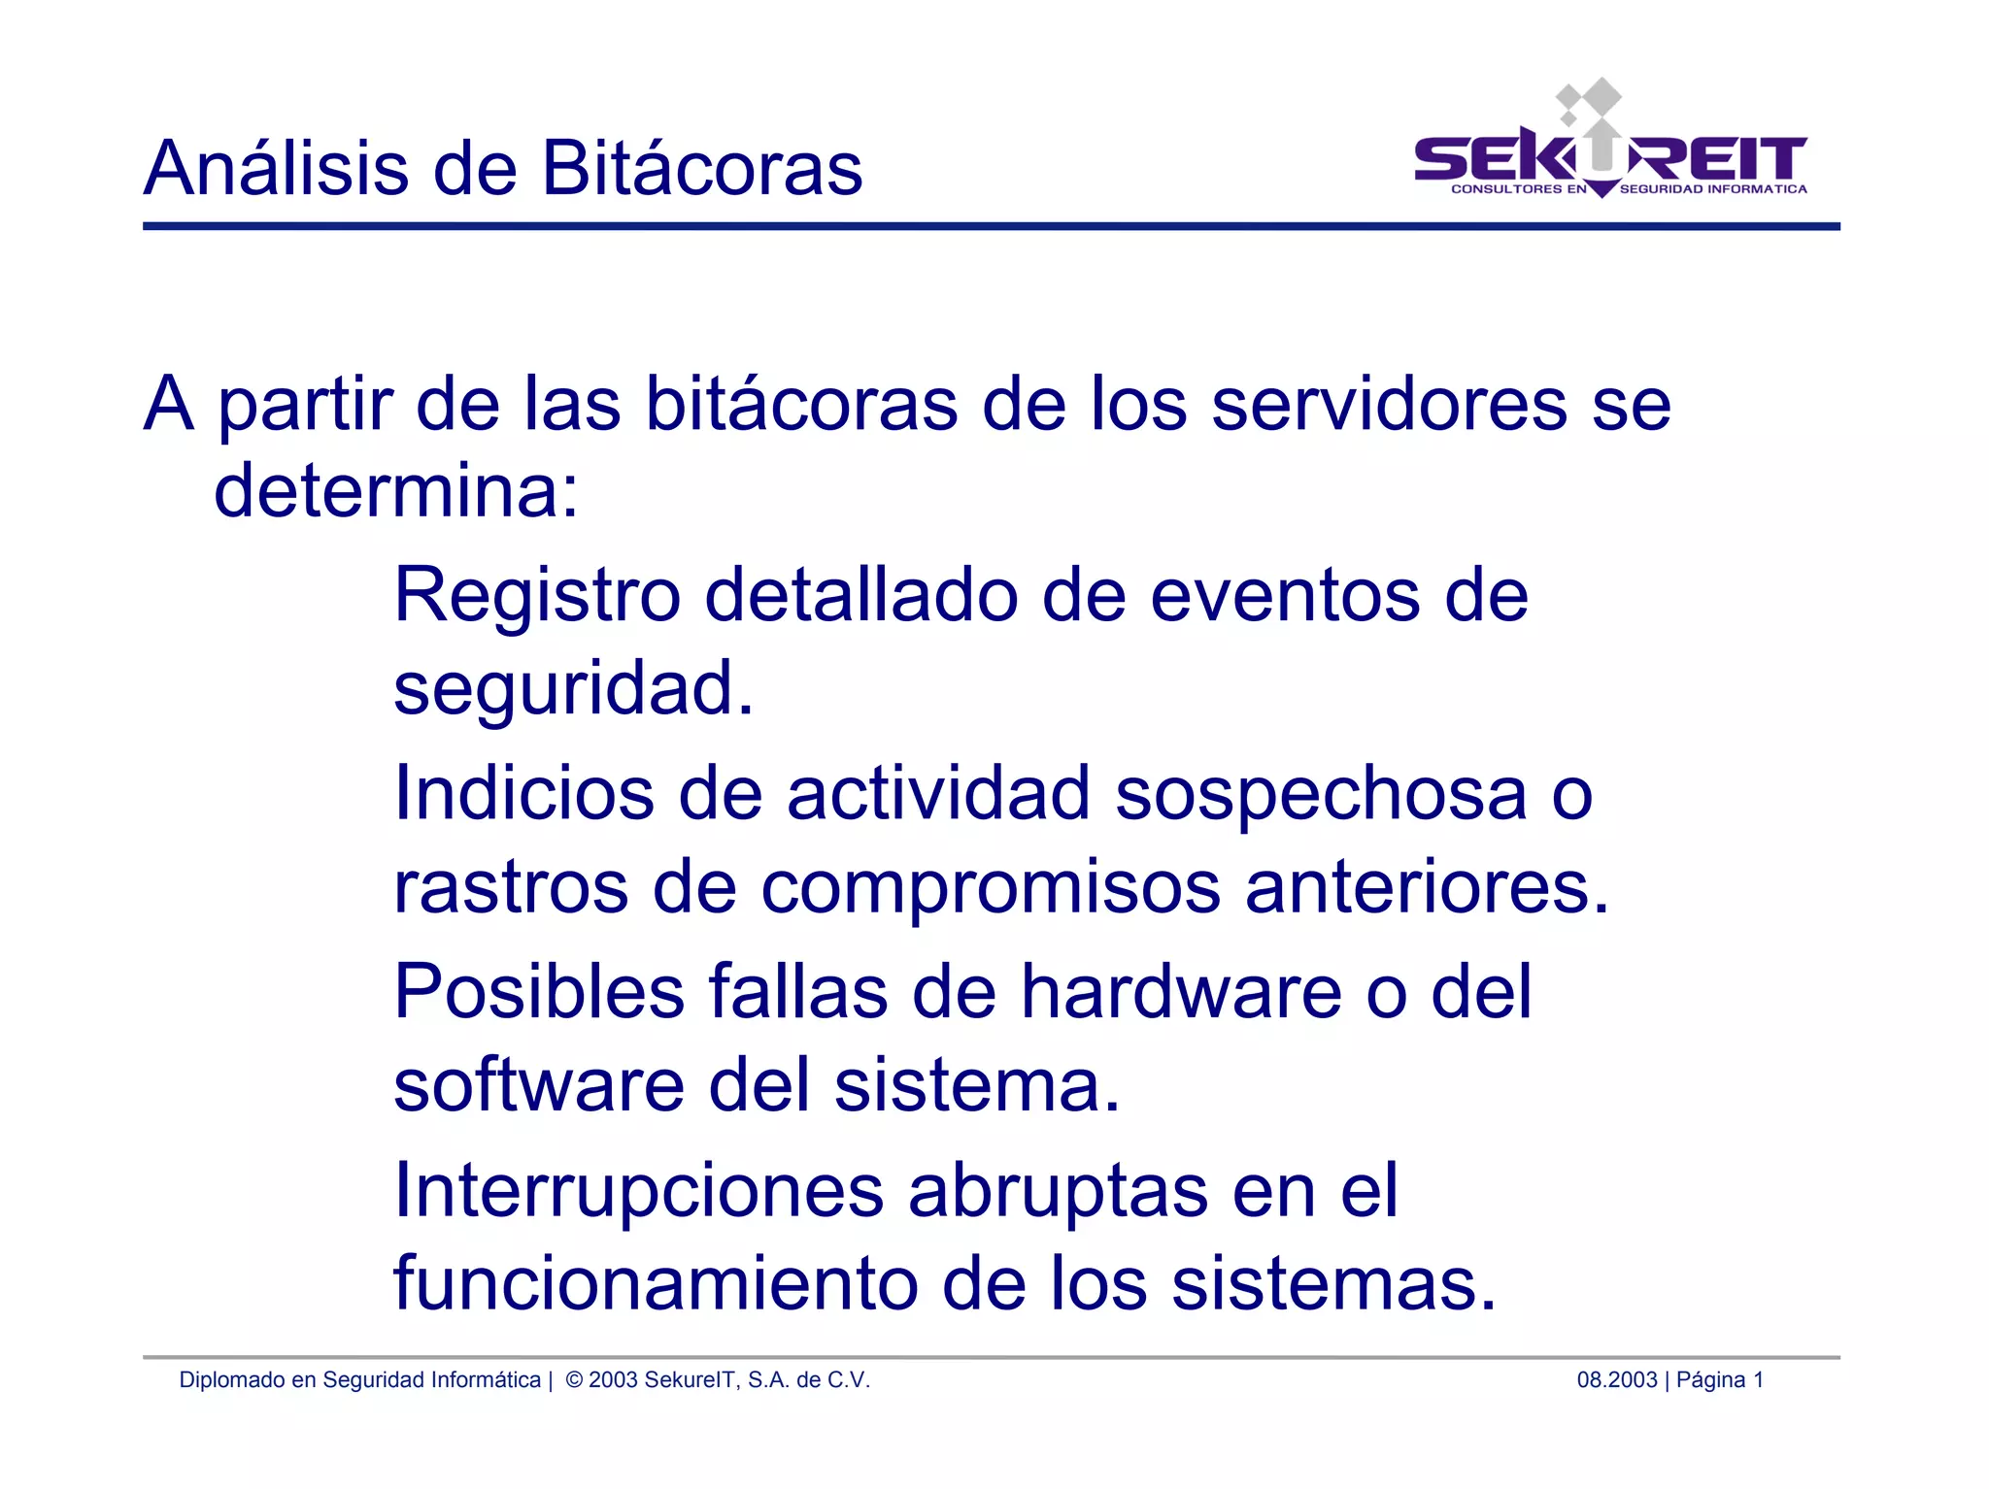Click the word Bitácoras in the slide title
pyautogui.click(x=701, y=169)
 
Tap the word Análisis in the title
pyautogui.click(x=276, y=169)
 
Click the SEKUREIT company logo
pyautogui.click(x=1609, y=146)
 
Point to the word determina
pyautogui.click(x=395, y=491)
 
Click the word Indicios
pyautogui.click(x=523, y=794)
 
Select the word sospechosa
pyautogui.click(x=1321, y=794)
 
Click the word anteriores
pyautogui.click(x=1427, y=887)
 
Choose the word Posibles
pyautogui.click(x=539, y=992)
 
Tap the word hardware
pyautogui.click(x=1181, y=992)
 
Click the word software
pyautogui.click(x=539, y=1085)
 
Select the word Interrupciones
pyautogui.click(x=638, y=1191)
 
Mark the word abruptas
pyautogui.click(x=1059, y=1191)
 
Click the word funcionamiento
pyautogui.click(x=656, y=1284)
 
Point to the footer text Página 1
pyautogui.click(x=1719, y=1380)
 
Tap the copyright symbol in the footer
pyautogui.click(x=574, y=1380)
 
